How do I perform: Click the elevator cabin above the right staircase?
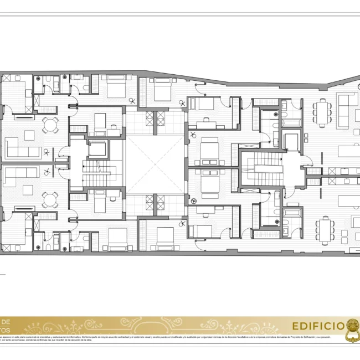tap(292, 141)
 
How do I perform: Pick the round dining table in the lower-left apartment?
tap(50, 199)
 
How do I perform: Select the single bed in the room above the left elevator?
tap(100, 123)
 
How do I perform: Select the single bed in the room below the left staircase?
tap(99, 202)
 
